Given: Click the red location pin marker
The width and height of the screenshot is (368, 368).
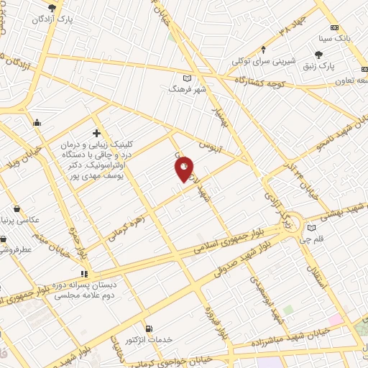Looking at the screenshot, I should point(184,169).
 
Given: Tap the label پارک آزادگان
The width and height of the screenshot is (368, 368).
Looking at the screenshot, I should point(47,19).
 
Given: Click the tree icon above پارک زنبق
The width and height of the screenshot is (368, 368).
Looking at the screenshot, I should point(319,53).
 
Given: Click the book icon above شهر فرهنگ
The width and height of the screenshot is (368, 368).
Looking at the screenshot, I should point(188,78).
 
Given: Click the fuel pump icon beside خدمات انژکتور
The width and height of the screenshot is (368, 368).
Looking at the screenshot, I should point(148,328).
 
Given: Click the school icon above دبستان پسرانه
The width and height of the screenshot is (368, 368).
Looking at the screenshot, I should point(84,274).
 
